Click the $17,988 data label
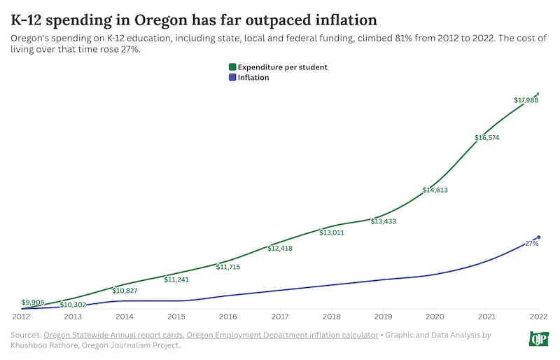(x=526, y=100)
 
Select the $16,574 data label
(x=486, y=137)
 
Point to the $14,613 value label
(x=435, y=190)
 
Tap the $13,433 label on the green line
(x=383, y=221)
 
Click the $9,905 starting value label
(x=33, y=303)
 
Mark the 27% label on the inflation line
(x=531, y=243)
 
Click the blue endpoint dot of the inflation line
(x=538, y=237)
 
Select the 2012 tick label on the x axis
(x=21, y=317)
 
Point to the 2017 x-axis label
(x=279, y=317)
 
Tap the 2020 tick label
(x=435, y=317)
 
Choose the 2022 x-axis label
(x=538, y=317)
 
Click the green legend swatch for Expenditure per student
(x=232, y=67)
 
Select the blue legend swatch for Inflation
(x=232, y=78)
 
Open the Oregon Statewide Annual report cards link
(x=113, y=335)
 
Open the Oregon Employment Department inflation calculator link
(x=282, y=335)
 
